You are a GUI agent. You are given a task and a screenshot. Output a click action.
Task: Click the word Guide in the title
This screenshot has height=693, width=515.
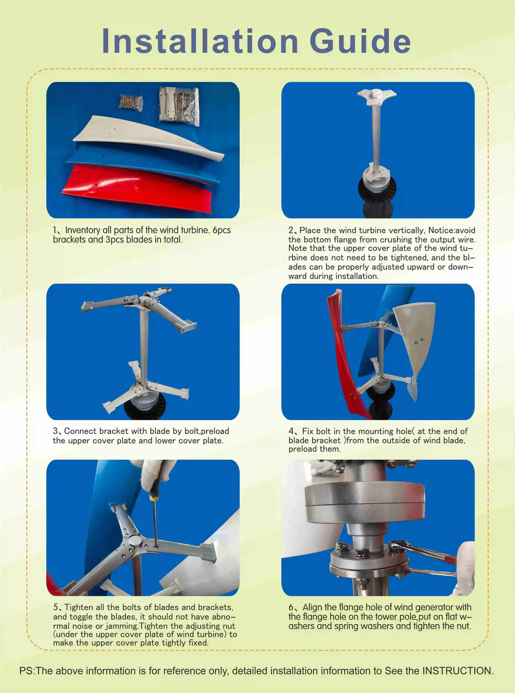[x=360, y=42]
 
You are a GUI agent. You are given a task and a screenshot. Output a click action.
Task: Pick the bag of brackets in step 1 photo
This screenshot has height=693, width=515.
[x=179, y=106]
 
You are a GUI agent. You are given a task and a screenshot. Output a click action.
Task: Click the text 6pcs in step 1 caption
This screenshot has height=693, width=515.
[x=221, y=230]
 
